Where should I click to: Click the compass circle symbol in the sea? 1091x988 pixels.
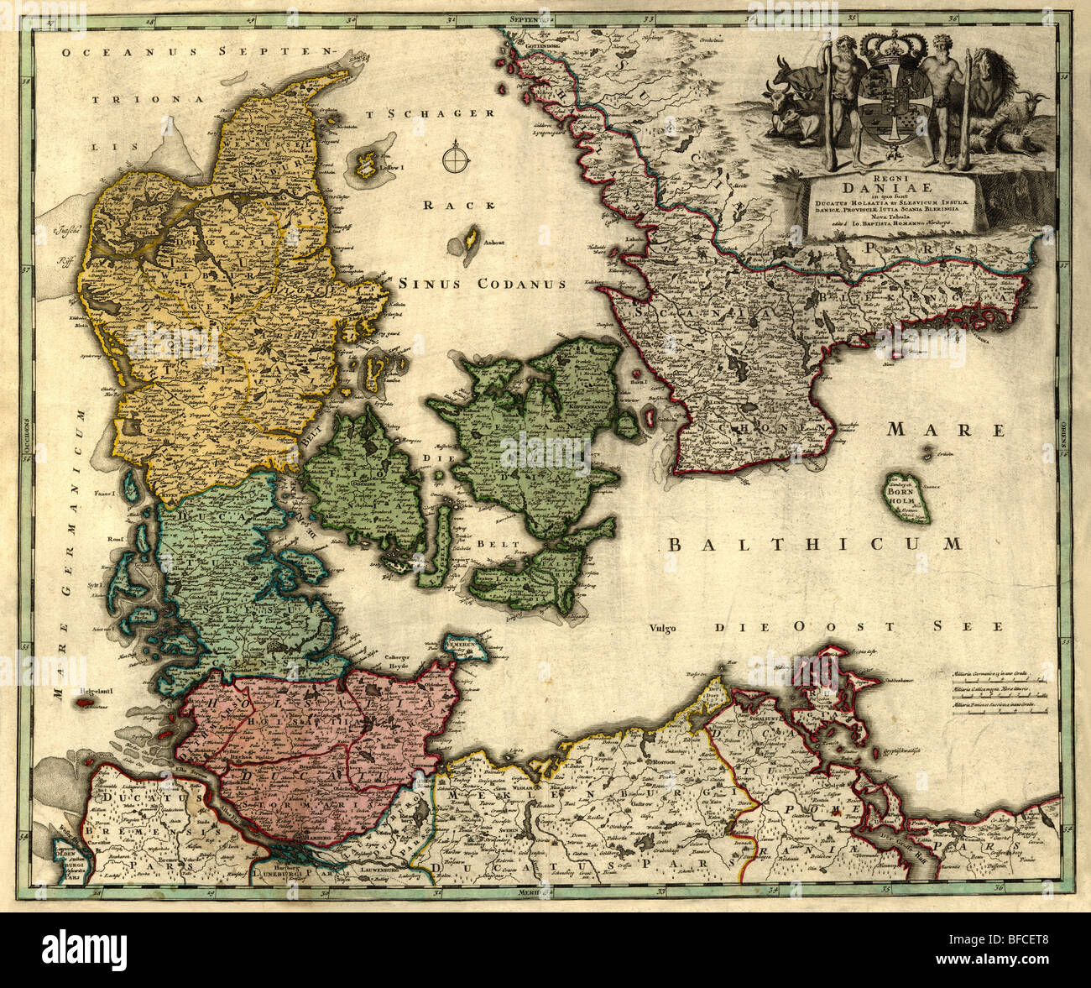point(455,157)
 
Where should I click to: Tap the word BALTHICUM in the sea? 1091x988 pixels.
point(814,544)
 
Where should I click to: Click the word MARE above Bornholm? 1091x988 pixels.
point(946,431)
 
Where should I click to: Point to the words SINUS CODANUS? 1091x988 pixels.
point(482,284)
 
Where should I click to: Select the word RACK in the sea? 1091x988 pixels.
point(448,205)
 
